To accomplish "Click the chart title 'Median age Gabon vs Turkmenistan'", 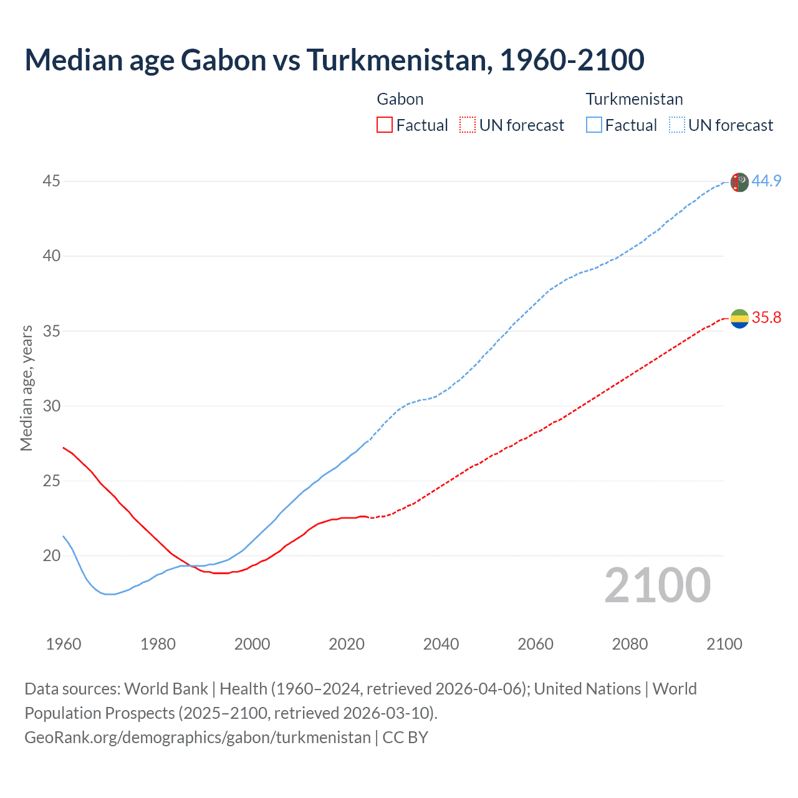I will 334,60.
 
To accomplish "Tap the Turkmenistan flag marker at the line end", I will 739,182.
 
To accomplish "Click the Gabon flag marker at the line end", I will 739,319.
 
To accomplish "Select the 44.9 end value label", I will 766,181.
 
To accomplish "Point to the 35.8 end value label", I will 766,318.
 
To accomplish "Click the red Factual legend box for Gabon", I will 385,125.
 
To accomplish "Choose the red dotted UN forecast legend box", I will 468,125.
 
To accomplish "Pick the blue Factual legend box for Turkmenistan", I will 594,125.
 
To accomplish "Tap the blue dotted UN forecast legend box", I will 676,125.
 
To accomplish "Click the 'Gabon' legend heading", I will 400,99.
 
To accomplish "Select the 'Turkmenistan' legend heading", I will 634,99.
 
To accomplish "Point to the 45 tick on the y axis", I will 52,181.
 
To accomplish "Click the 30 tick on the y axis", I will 52,406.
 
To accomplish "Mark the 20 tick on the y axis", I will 52,555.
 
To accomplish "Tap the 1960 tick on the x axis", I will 64,644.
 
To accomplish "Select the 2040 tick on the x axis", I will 441,644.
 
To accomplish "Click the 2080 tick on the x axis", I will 630,644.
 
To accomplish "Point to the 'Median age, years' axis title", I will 26,388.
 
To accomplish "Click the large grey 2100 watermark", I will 657,585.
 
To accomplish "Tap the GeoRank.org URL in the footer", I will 197,738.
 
